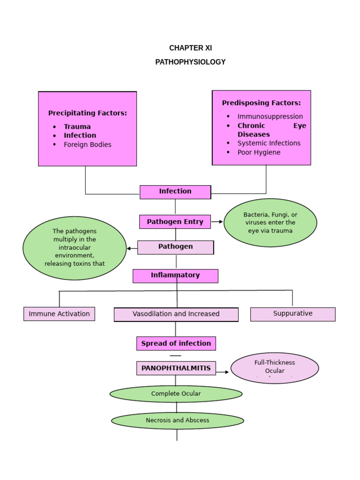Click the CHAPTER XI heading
click(x=190, y=48)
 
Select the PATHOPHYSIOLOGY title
click(x=190, y=62)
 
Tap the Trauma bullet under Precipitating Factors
click(x=77, y=127)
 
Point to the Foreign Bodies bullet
click(x=88, y=145)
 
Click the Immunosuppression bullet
click(x=270, y=116)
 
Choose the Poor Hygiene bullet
click(x=259, y=152)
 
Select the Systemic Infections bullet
click(x=269, y=143)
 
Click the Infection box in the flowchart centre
click(x=175, y=192)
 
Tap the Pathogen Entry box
click(x=175, y=222)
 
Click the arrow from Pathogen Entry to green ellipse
click(x=217, y=222)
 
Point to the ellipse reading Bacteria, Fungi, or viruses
click(x=270, y=223)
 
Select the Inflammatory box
click(x=175, y=276)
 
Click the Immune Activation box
click(x=59, y=314)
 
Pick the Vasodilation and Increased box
click(x=176, y=315)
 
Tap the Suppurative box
click(x=292, y=314)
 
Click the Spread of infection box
click(x=176, y=344)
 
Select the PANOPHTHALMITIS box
click(x=176, y=368)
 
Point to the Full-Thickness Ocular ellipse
click(x=275, y=367)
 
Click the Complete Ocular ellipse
click(x=176, y=394)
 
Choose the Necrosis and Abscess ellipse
click(x=177, y=420)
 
